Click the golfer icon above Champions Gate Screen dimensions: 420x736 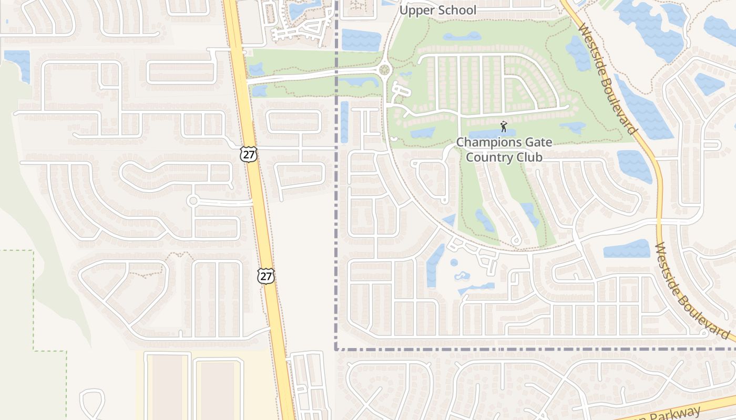tap(504, 127)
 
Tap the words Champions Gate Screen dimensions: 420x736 tap(497, 142)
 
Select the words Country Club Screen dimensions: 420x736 tap(504, 156)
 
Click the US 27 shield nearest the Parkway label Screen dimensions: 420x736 tap(266, 276)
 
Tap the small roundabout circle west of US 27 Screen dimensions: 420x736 tap(193, 201)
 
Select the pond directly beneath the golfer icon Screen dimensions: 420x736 tap(492, 133)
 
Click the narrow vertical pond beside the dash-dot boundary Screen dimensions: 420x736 tap(344, 122)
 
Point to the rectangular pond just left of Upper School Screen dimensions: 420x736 tap(361, 40)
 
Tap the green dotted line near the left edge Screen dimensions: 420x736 tap(34, 299)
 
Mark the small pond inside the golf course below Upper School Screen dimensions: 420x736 tap(462, 36)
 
